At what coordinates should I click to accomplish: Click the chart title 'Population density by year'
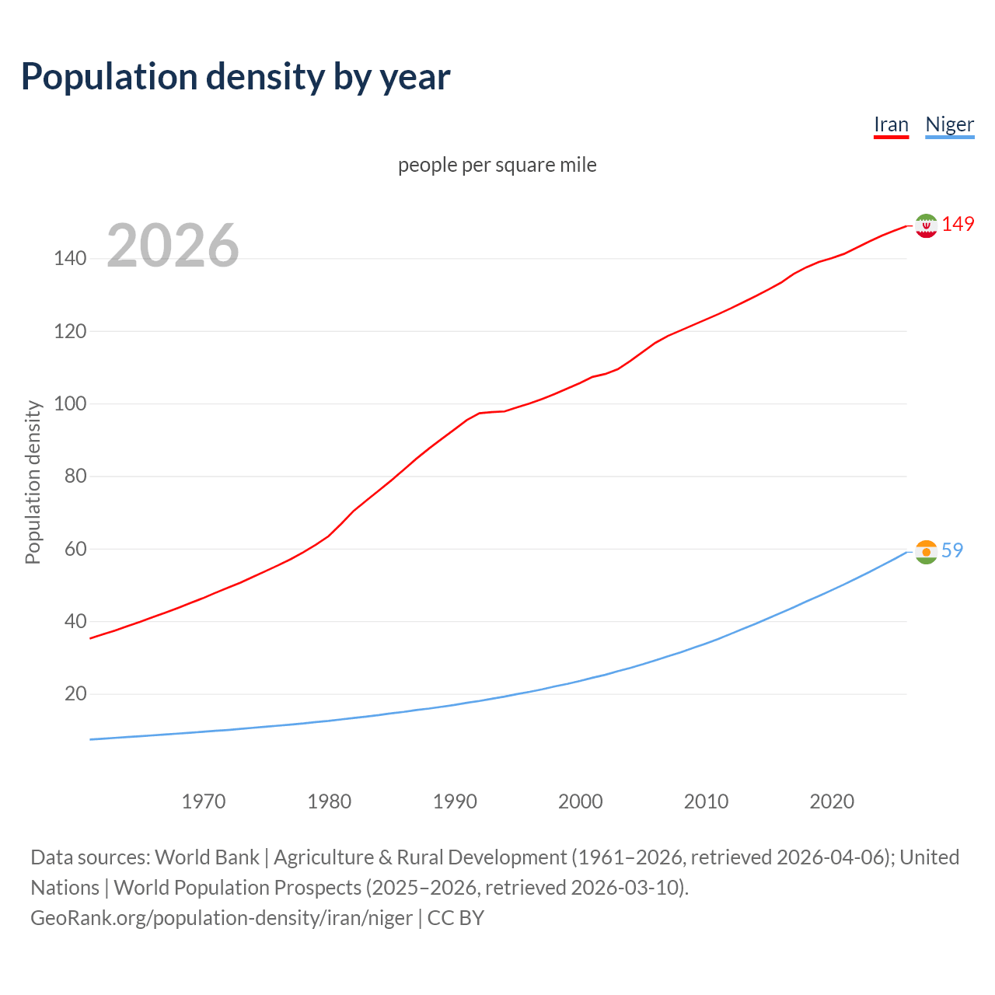[x=236, y=77]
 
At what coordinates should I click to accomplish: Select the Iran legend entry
[x=891, y=124]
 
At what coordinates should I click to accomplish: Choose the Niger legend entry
[x=949, y=124]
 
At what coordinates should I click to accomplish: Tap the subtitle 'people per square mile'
[x=497, y=165]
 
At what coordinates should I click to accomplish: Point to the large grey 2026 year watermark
[x=173, y=246]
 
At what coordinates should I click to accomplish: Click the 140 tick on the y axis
[x=70, y=259]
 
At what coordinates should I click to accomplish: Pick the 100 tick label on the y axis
[x=70, y=404]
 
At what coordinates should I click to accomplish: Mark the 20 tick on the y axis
[x=75, y=694]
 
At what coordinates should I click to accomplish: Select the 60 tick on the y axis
[x=75, y=550]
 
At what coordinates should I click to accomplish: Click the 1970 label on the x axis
[x=204, y=801]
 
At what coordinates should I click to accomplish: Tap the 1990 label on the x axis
[x=455, y=801]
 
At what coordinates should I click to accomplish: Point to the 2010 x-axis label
[x=706, y=801]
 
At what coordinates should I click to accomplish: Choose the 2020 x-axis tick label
[x=832, y=801]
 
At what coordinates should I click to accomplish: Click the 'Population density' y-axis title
[x=33, y=482]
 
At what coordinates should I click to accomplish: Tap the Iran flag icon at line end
[x=926, y=225]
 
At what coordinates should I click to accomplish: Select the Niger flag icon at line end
[x=926, y=552]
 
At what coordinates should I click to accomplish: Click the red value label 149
[x=958, y=225]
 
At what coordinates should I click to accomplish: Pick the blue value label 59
[x=952, y=550]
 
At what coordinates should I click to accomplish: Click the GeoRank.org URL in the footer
[x=222, y=918]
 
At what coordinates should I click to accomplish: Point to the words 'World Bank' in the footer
[x=207, y=857]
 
